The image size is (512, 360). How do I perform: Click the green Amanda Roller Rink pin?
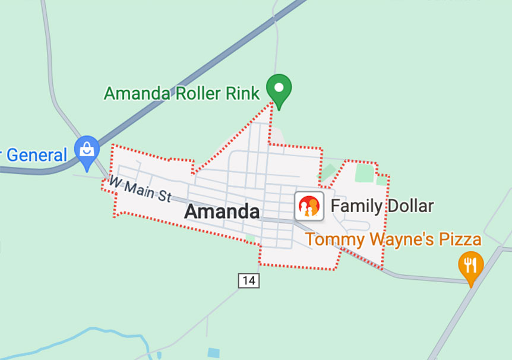(278, 88)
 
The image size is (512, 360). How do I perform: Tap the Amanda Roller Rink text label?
(182, 93)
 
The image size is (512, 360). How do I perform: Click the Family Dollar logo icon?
(309, 206)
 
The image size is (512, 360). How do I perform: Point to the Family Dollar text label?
(382, 206)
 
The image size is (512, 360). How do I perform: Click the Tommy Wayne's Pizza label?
(393, 240)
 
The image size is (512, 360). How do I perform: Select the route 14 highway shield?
(249, 280)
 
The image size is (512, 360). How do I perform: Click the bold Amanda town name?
(222, 211)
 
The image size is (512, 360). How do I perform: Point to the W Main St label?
(140, 189)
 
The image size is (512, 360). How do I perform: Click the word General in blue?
(37, 156)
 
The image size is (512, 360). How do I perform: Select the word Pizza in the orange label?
(460, 240)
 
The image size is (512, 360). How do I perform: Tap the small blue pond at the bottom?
(213, 353)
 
